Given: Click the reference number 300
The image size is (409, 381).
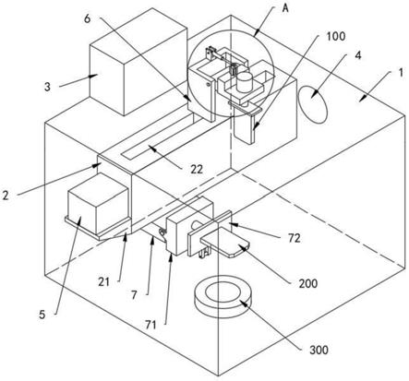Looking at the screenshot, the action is coord(319,350).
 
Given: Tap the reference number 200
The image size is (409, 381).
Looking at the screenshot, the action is coord(308,283).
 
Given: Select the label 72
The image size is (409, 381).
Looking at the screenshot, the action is coord(295,238).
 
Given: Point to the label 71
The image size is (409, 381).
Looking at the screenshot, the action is coord(150,325).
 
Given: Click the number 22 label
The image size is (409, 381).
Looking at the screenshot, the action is coord(197,169).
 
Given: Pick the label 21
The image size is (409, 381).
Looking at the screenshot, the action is coord(103,281).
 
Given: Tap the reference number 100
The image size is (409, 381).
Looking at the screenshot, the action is coord(336,36).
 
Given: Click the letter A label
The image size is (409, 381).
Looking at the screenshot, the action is coord(285,8).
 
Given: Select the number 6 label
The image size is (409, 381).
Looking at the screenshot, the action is coord(88,18).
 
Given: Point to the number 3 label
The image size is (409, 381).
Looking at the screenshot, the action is coord(47,87).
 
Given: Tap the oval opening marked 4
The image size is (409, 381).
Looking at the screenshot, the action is coord(313,104).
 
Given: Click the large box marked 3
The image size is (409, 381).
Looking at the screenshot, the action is coord(138,61).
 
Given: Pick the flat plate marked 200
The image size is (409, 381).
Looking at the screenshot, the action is coord(225,244).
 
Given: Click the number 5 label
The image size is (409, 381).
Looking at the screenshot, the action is coord(42,315).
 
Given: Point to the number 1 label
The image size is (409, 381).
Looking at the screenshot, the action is coord(401,73).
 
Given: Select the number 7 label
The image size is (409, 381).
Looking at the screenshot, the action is coord(134,295).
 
